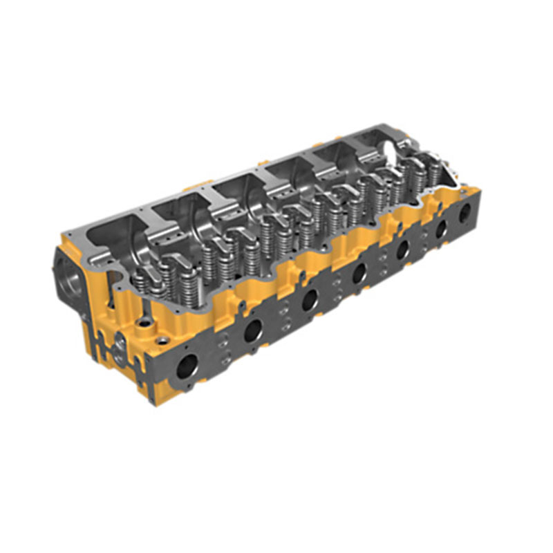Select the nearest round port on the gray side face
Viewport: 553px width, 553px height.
pos(187,366)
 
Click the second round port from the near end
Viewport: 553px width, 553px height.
pos(253,330)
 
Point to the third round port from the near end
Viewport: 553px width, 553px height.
pos(309,299)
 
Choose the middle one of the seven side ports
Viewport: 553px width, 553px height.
pos(358,272)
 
